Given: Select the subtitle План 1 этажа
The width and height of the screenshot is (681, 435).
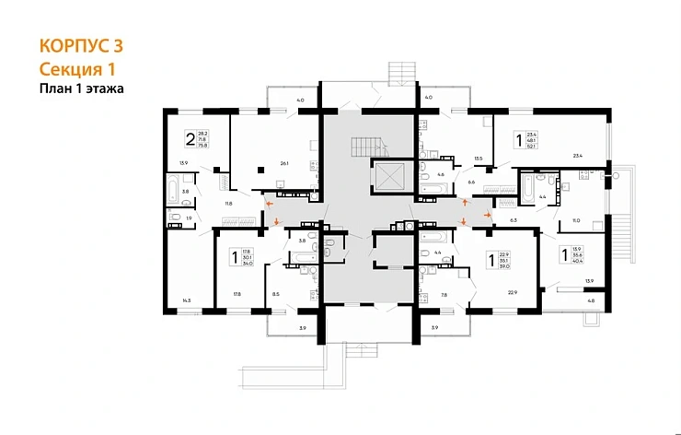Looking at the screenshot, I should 81,89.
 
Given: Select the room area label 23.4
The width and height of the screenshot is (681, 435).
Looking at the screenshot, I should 577,156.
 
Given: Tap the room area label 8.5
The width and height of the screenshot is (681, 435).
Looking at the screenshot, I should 276,295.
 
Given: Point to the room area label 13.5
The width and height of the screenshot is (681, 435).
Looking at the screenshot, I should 478,159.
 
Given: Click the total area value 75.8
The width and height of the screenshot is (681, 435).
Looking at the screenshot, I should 204,145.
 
